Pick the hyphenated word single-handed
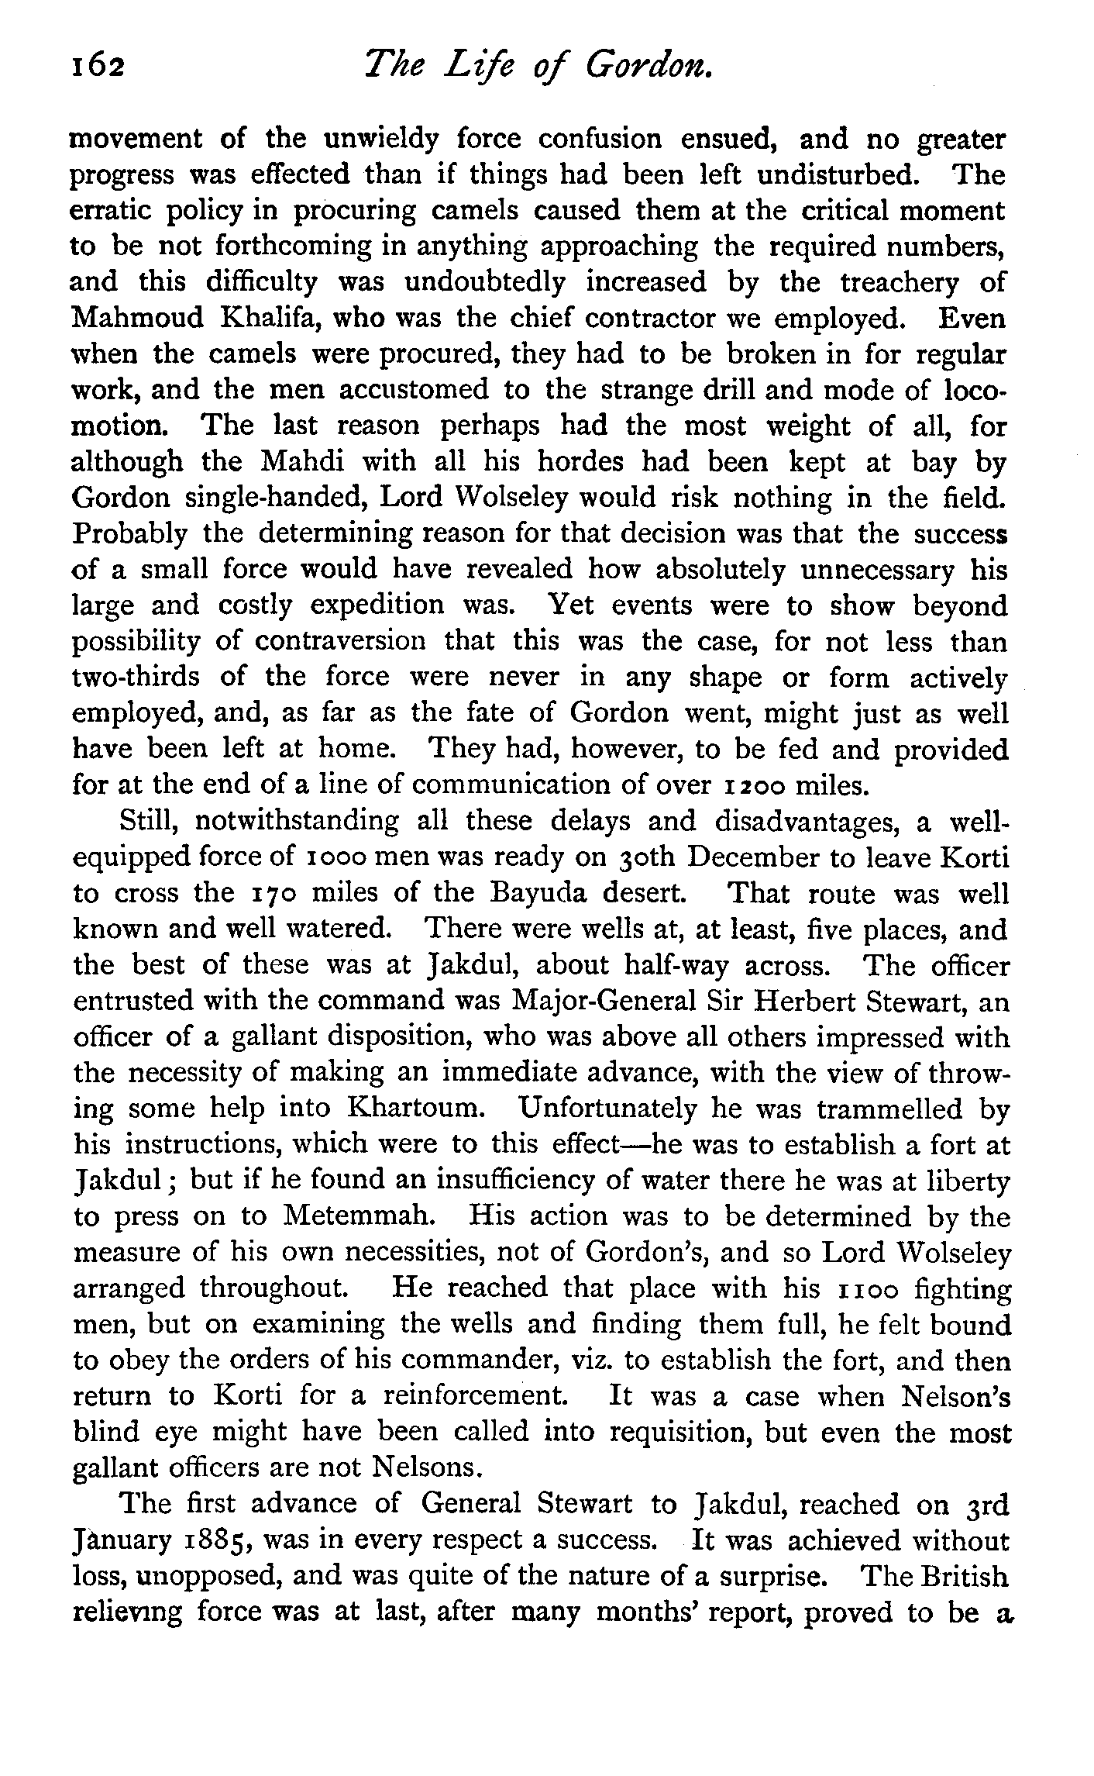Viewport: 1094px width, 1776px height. tap(275, 498)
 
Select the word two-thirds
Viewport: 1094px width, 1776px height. tap(135, 678)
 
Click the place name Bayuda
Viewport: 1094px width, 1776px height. tap(546, 894)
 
